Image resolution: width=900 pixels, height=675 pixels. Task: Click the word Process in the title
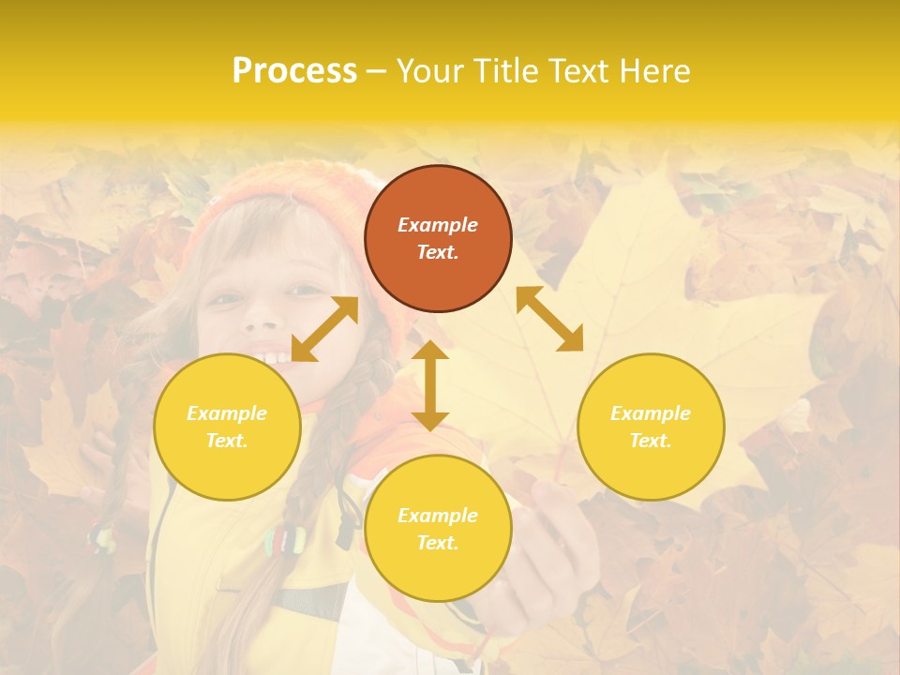pyautogui.click(x=294, y=71)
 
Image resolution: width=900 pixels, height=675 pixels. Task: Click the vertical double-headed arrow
pyautogui.click(x=430, y=385)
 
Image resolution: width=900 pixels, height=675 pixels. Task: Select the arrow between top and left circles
pyautogui.click(x=324, y=329)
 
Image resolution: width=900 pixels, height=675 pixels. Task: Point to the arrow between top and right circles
pyautogui.click(x=550, y=319)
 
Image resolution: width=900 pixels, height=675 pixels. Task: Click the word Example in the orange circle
pyautogui.click(x=438, y=225)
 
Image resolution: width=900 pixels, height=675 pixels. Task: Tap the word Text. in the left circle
pyautogui.click(x=227, y=441)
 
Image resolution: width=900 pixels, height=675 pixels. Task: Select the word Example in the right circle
pyautogui.click(x=651, y=413)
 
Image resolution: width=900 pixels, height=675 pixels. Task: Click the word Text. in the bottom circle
pyautogui.click(x=438, y=543)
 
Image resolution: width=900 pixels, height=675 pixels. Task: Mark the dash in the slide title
pyautogui.click(x=376, y=71)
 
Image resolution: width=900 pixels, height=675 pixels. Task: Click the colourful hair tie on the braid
pyautogui.click(x=285, y=539)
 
